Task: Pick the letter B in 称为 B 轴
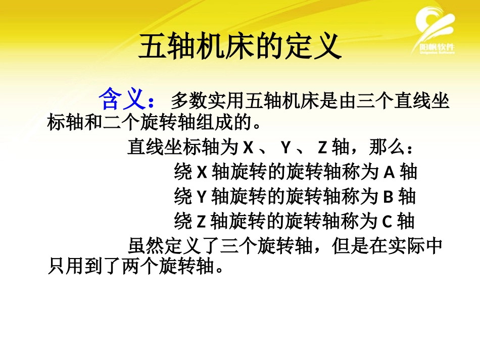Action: (x=389, y=196)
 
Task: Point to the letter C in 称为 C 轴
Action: (x=387, y=221)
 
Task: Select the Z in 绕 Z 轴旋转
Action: (x=201, y=221)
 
